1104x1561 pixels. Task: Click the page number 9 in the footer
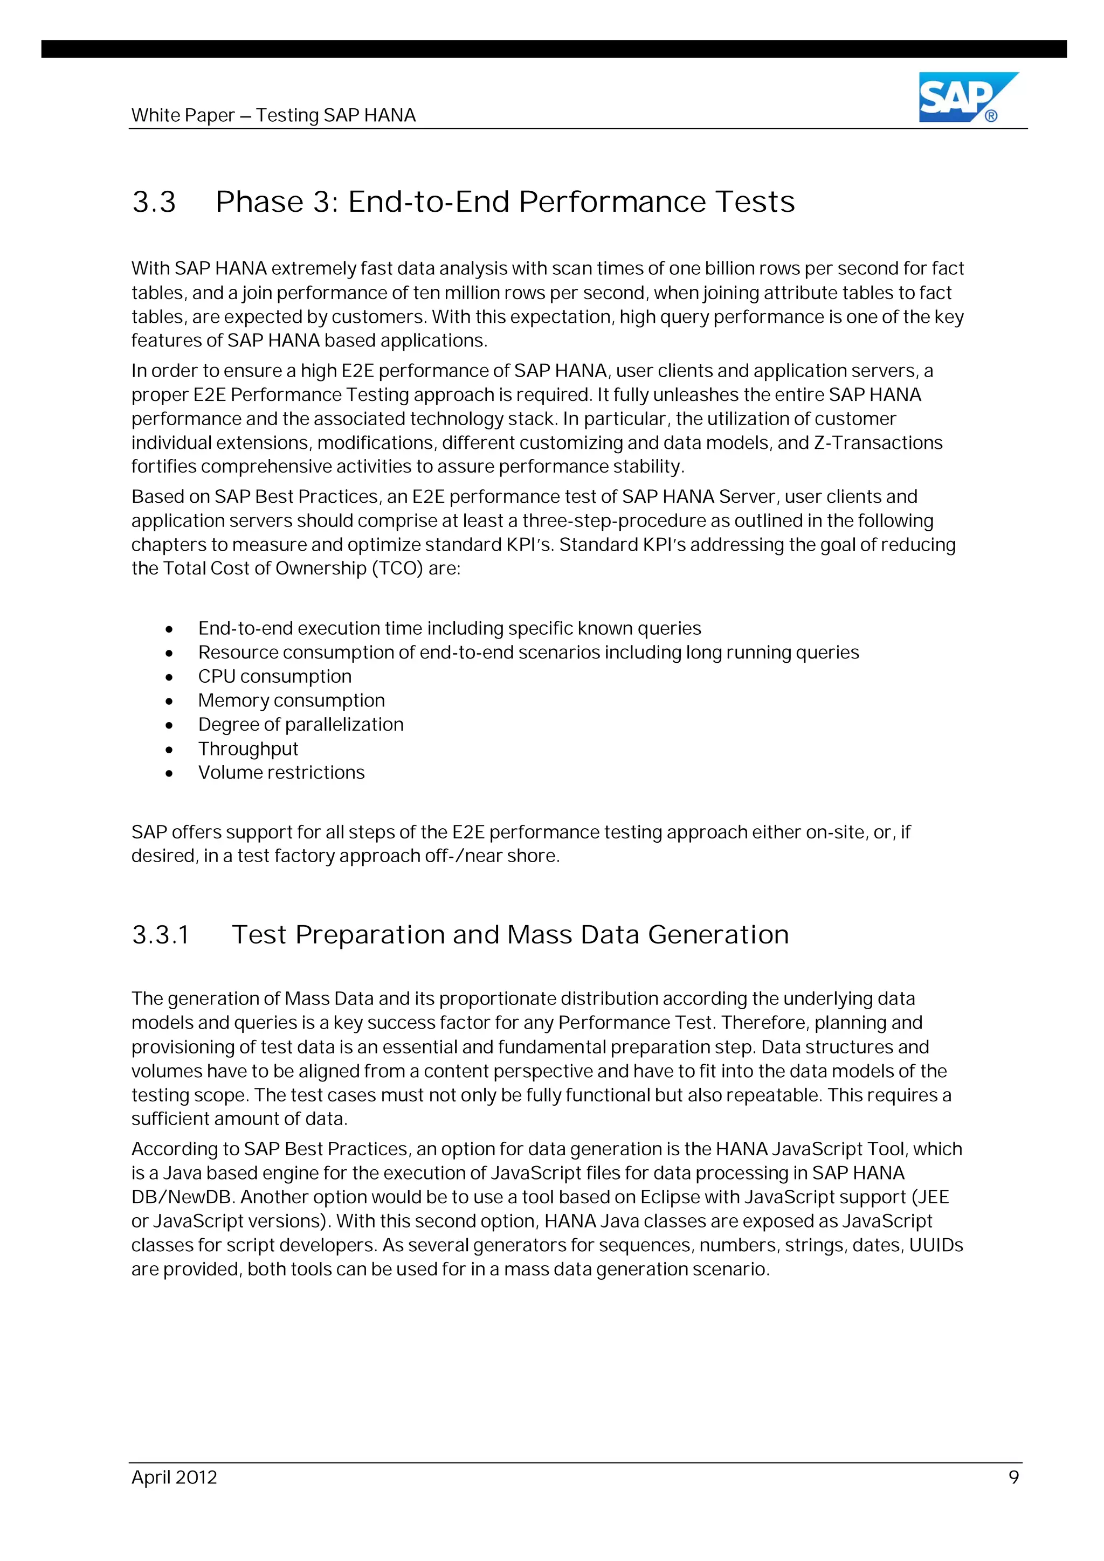tap(1013, 1477)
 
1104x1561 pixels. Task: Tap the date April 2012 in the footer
tap(174, 1477)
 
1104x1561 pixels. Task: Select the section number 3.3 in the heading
tap(154, 203)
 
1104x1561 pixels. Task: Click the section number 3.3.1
tap(161, 935)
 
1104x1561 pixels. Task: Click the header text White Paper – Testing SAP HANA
tap(273, 115)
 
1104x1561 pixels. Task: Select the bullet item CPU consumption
tap(275, 676)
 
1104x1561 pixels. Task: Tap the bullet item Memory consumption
tap(291, 700)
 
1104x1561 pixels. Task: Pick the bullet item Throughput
tap(249, 748)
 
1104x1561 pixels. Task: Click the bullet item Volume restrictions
tap(281, 772)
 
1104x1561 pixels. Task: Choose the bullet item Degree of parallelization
tap(301, 725)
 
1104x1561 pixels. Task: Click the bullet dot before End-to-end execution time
tap(169, 629)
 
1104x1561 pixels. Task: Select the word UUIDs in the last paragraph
tap(936, 1245)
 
